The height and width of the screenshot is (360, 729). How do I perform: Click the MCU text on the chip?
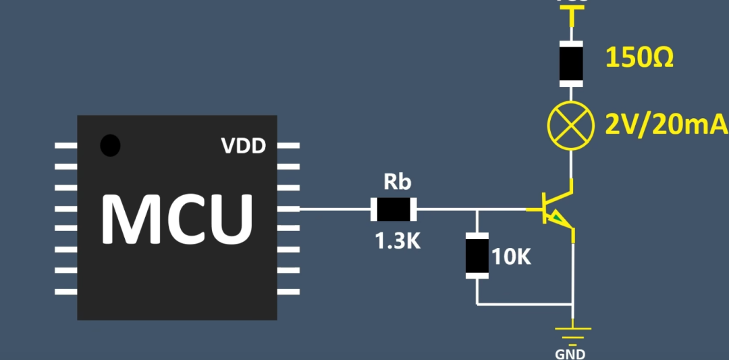point(178,217)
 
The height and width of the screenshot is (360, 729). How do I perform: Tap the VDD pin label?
point(243,146)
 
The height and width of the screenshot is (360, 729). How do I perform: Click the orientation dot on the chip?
point(110,145)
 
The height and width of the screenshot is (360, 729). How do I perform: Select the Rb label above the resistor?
point(397,182)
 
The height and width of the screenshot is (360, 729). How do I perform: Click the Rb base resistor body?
point(394,209)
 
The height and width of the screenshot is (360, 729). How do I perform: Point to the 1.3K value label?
point(398,241)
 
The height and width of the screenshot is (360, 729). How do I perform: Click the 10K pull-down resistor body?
point(477,255)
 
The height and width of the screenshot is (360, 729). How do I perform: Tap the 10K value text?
point(512,257)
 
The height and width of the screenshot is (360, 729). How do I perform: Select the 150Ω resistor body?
point(572,63)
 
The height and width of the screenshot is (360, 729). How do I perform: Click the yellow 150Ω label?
point(639,59)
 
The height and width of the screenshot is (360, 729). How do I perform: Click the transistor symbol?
point(557,209)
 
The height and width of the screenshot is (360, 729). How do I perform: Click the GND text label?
point(570,353)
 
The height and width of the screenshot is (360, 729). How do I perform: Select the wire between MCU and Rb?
point(334,209)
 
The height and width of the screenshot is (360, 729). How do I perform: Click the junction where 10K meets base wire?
point(477,209)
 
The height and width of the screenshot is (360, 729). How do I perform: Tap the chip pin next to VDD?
point(288,146)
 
